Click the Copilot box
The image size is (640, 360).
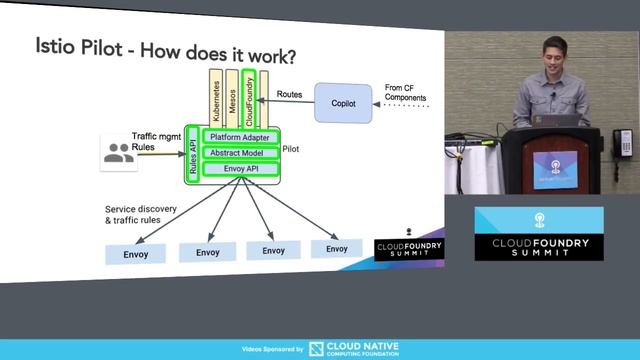(343, 103)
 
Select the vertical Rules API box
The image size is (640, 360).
(193, 153)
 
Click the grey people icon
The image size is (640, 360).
(118, 153)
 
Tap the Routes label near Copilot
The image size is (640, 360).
(289, 94)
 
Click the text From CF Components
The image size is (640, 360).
(407, 94)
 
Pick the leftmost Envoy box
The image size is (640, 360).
(135, 253)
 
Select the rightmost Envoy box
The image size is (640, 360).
(337, 248)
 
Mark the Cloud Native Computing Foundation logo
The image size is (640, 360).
(354, 349)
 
